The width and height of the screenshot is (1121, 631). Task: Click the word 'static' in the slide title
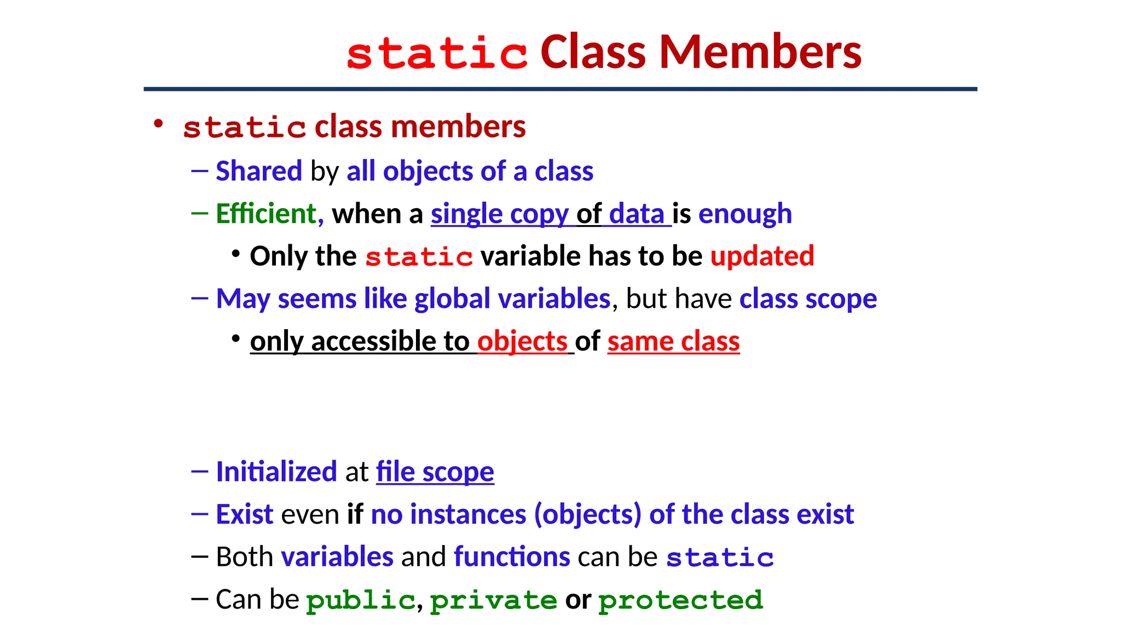tap(437, 54)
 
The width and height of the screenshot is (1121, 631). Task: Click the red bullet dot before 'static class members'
tap(158, 124)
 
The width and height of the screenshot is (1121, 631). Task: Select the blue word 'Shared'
tap(258, 171)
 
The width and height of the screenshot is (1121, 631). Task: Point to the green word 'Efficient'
tap(266, 214)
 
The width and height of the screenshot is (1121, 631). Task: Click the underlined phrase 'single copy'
tap(499, 214)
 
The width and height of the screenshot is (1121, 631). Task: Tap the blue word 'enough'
tap(745, 214)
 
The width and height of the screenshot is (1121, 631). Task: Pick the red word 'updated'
tap(762, 256)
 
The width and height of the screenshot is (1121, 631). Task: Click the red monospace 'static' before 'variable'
tap(419, 257)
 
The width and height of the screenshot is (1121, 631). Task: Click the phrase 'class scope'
tap(808, 299)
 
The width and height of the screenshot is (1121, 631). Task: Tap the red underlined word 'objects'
tap(522, 342)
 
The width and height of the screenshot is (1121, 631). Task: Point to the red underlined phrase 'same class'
tap(673, 342)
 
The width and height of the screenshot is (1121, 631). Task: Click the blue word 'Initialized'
tap(276, 472)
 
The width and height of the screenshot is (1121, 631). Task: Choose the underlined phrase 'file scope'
tap(435, 472)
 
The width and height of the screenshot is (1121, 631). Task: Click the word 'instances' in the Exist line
tap(468, 515)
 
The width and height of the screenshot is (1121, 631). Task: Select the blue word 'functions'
tap(512, 557)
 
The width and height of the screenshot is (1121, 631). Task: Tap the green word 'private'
tap(493, 600)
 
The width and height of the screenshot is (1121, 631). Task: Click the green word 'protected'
tap(680, 600)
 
